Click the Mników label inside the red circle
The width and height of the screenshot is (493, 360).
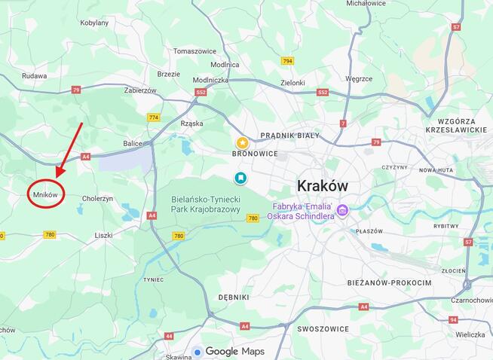coord(45,194)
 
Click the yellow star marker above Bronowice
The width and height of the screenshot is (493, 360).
coord(242,142)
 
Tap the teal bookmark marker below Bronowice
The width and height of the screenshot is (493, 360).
coord(240,178)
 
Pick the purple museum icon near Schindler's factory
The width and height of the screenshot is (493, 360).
coord(342,209)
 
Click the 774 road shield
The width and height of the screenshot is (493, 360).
coord(154,117)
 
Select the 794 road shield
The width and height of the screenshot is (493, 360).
coord(287,61)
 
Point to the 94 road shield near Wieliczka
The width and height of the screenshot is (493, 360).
coord(453,319)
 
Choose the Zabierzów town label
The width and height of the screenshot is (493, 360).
coord(140,90)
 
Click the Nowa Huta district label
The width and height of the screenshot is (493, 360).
coord(435,170)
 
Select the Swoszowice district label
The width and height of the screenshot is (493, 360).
coord(323,329)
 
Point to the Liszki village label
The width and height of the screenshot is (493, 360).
coord(103,236)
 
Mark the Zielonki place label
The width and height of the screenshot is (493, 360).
coord(292,83)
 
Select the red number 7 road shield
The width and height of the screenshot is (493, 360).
coord(343,123)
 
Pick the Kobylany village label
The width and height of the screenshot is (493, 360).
coord(94,23)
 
